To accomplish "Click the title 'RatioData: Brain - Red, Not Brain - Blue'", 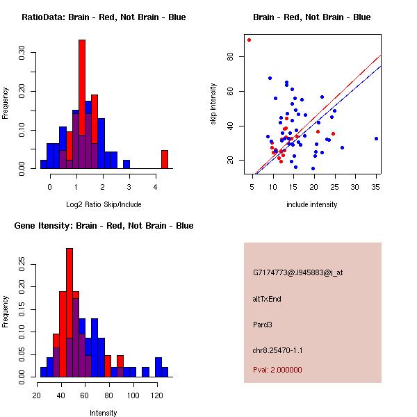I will tap(104, 17).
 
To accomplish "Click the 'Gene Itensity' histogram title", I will tap(104, 226).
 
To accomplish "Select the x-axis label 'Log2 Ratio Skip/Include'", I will tap(104, 205).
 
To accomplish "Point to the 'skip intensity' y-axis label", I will tap(214, 104).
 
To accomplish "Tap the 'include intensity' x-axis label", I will tap(312, 205).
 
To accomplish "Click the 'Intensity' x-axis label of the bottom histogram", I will tap(104, 413).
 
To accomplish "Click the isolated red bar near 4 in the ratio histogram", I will tap(165, 159).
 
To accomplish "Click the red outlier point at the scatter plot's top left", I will tap(249, 40).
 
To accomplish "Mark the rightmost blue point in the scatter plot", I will tap(376, 138).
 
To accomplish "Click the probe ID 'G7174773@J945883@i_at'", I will tap(298, 272).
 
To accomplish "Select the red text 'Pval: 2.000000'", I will tap(277, 370).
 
